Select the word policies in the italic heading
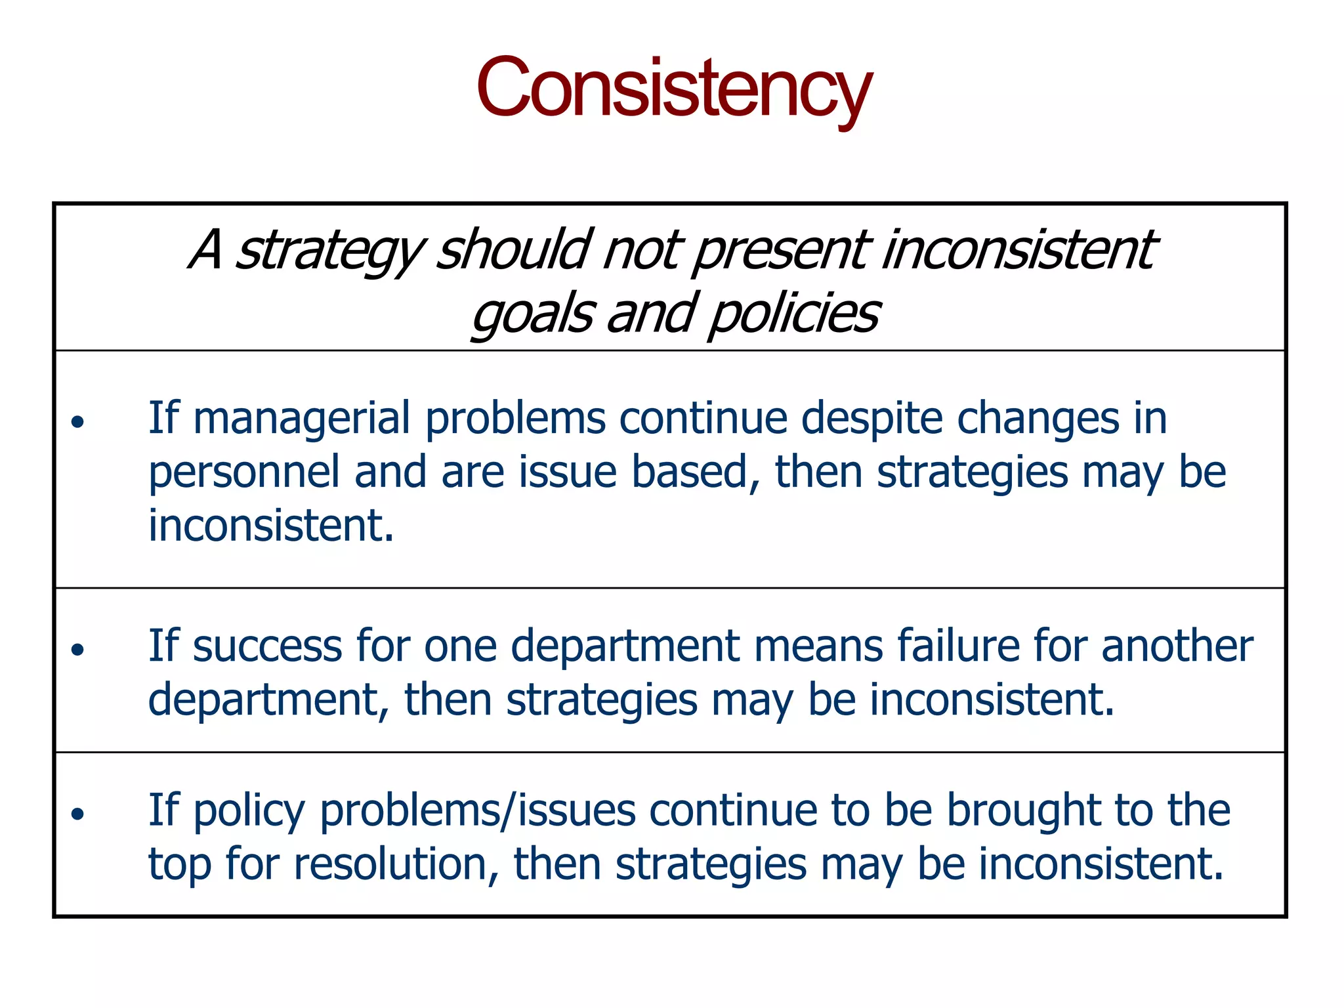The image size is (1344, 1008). click(794, 314)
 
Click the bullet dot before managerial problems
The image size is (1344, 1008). click(78, 421)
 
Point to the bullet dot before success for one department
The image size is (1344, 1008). click(78, 650)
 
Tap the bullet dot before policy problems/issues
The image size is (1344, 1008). click(78, 814)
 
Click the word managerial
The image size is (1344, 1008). click(302, 419)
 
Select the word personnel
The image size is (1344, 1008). click(243, 472)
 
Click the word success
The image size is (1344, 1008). click(267, 646)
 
